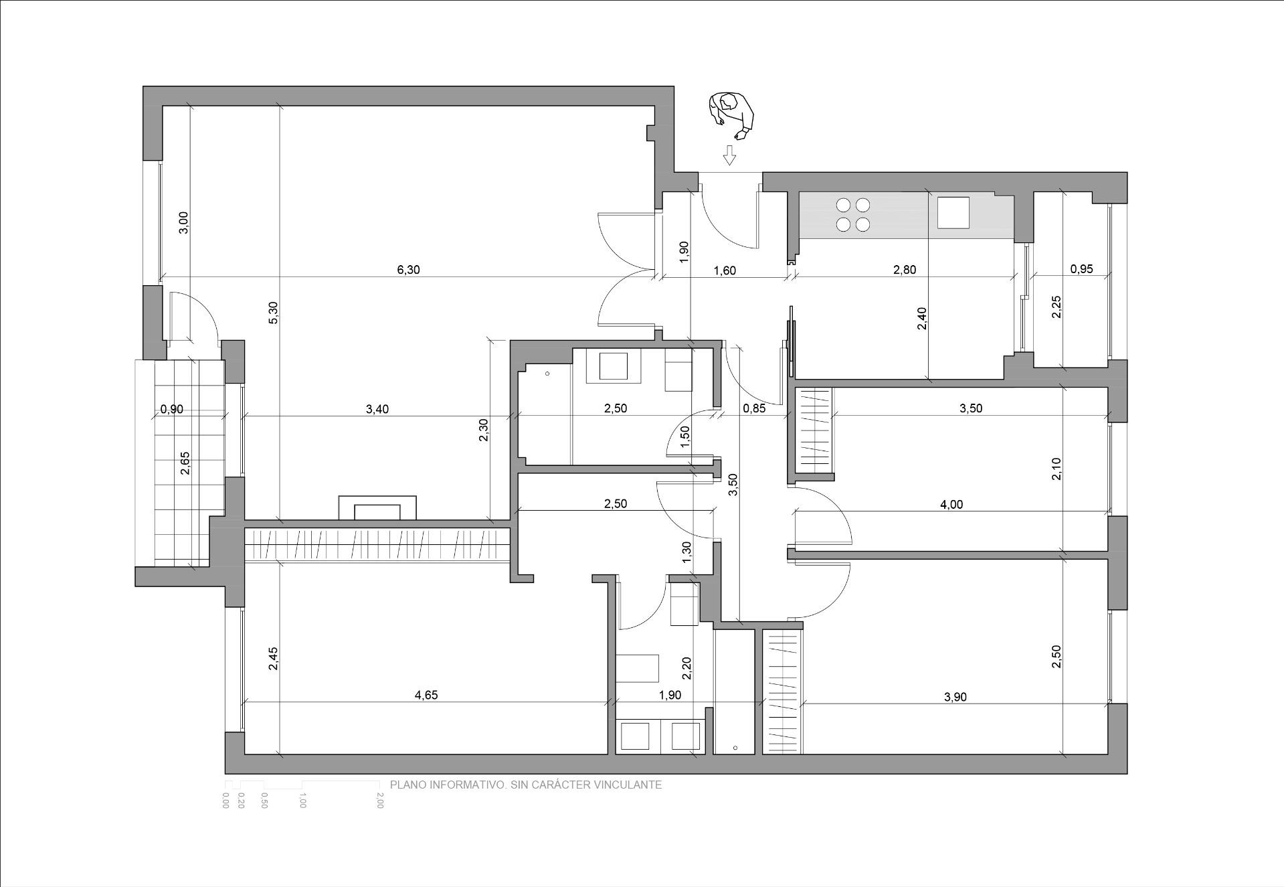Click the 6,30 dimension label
tap(408, 270)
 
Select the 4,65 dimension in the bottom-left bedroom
tap(426, 695)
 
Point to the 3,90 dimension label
tap(955, 697)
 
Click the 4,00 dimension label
tap(951, 505)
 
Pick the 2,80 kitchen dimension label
tap(905, 270)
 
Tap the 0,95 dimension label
tap(1081, 270)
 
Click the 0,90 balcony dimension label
tap(171, 409)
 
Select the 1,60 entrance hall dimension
tap(725, 271)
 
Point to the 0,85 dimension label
tap(754, 409)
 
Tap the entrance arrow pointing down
tap(729, 155)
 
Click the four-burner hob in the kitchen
tap(853, 215)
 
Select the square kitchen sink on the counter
tap(953, 213)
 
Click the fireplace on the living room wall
tap(377, 508)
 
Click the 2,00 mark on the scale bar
tap(380, 801)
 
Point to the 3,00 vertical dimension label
tap(185, 222)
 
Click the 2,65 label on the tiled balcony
tap(185, 463)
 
